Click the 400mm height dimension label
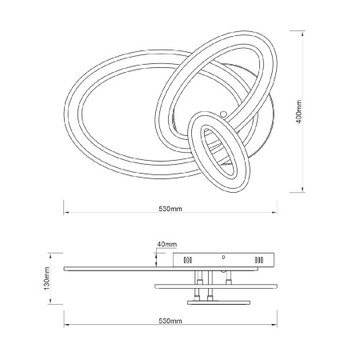299,111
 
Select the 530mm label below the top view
170,209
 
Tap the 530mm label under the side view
170,321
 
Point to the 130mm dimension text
46,278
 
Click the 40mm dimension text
167,244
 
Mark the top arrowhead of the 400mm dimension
302,33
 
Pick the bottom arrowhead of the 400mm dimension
302,190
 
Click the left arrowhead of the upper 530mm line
66,213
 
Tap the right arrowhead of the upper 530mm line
274,213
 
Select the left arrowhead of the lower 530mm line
66,325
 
